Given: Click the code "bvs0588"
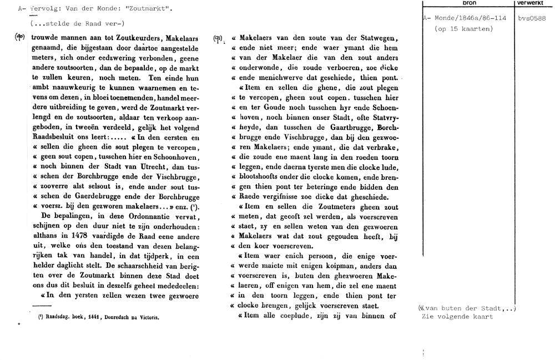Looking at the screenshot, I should (532, 18).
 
